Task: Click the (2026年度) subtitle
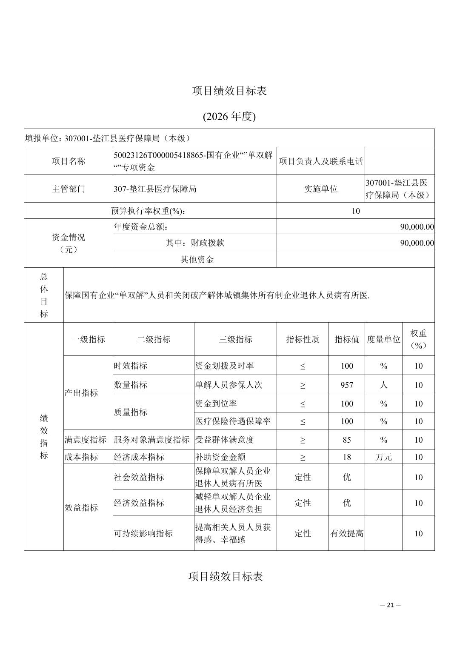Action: click(x=229, y=116)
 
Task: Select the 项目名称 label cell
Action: click(x=69, y=161)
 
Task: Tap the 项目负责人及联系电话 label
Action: click(x=320, y=161)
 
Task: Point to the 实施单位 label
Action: click(x=320, y=189)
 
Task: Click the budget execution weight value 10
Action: click(x=355, y=211)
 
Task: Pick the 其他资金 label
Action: click(x=197, y=259)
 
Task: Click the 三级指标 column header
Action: click(x=235, y=339)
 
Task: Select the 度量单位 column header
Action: click(x=383, y=339)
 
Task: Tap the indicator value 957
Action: click(x=347, y=385)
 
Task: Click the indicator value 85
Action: click(x=347, y=440)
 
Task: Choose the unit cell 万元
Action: click(x=383, y=457)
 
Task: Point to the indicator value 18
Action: click(x=347, y=457)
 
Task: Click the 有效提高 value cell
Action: click(x=347, y=533)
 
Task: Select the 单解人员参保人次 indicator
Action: click(x=228, y=385)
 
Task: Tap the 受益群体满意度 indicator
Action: click(x=224, y=440)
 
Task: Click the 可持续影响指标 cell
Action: click(x=143, y=533)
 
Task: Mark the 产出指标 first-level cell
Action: click(x=81, y=393)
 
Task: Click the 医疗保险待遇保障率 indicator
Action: click(x=233, y=421)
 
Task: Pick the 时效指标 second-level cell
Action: click(x=130, y=366)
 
